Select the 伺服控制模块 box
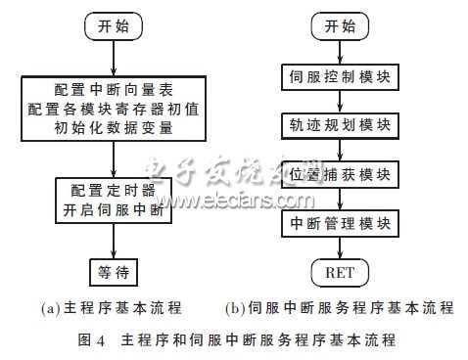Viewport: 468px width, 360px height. pyautogui.click(x=338, y=76)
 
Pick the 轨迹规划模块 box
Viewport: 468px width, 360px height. pyautogui.click(x=338, y=124)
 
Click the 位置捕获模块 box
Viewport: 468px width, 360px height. pyautogui.click(x=338, y=174)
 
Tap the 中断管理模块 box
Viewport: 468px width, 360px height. pyautogui.click(x=338, y=223)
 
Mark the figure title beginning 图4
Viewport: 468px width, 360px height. pyautogui.click(x=234, y=341)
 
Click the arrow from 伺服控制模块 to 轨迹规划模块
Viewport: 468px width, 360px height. pyautogui.click(x=338, y=100)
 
